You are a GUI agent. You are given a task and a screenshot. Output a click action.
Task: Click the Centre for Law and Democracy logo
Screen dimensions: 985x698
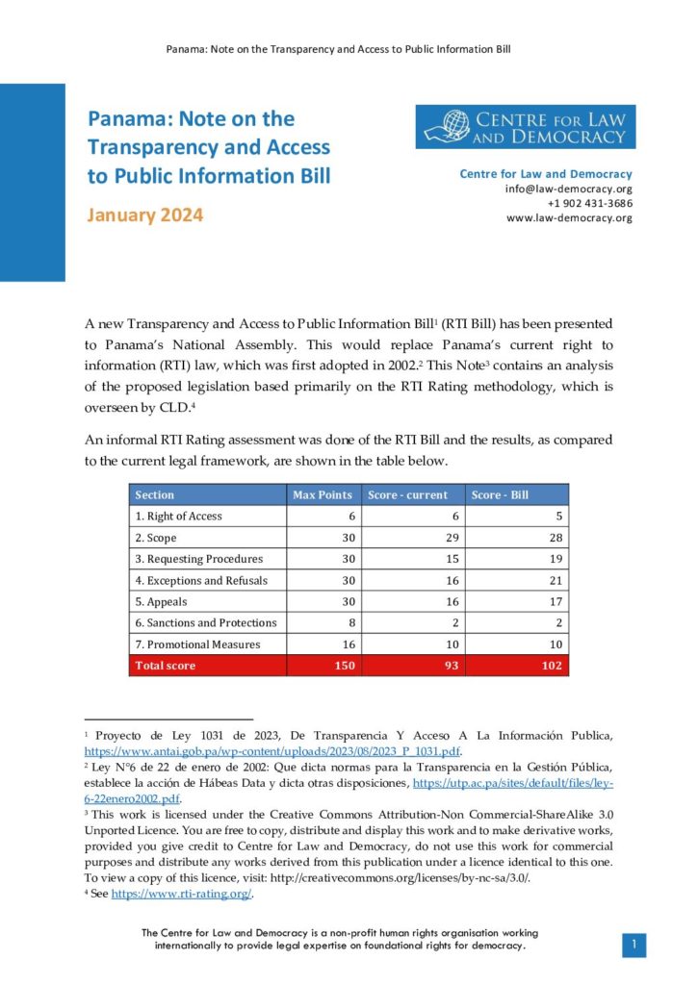point(526,127)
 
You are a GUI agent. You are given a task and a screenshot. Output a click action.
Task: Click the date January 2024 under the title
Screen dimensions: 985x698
point(145,215)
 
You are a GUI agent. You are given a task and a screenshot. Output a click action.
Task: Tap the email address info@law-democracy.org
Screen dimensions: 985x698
point(568,189)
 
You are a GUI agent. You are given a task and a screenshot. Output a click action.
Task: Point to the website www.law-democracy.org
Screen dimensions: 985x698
point(569,217)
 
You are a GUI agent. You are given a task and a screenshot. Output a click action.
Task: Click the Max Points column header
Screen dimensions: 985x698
point(323,494)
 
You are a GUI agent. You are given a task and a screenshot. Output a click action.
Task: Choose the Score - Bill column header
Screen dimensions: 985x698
point(499,494)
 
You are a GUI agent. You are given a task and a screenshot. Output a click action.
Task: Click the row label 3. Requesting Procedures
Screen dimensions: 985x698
point(198,559)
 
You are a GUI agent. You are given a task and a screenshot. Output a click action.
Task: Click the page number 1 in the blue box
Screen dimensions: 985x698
point(633,946)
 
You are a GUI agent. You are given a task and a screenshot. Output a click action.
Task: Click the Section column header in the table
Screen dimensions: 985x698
point(155,494)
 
